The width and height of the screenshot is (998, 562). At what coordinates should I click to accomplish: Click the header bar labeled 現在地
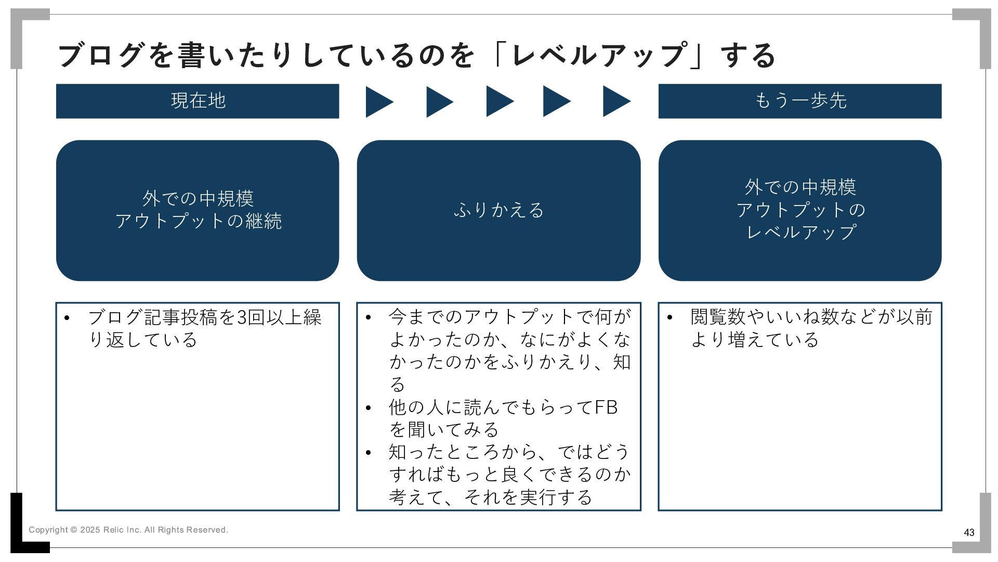click(198, 101)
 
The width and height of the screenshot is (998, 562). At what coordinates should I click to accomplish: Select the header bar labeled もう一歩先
click(799, 101)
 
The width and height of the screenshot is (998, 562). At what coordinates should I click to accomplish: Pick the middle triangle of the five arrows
click(498, 102)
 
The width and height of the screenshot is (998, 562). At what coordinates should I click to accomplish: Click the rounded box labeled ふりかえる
click(498, 210)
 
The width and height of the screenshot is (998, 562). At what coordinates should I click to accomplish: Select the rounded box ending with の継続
click(198, 210)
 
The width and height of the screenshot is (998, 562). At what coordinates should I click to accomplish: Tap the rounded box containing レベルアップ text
click(799, 210)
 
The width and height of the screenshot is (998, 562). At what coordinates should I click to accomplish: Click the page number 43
click(969, 532)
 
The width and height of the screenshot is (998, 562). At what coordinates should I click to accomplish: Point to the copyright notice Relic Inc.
click(128, 530)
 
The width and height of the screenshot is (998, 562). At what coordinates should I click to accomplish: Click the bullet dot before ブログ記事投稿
click(67, 318)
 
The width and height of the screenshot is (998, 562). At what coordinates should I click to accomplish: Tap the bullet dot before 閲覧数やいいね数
click(669, 318)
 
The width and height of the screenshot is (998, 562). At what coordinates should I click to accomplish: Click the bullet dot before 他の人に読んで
click(368, 408)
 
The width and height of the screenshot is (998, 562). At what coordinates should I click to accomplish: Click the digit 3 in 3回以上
click(242, 317)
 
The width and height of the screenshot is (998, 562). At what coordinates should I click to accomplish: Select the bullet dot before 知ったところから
click(368, 453)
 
